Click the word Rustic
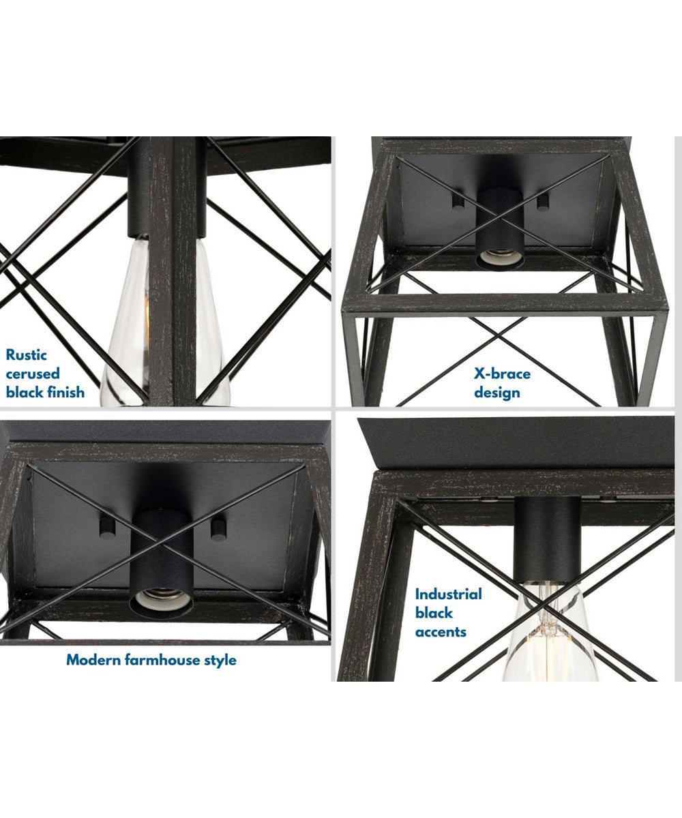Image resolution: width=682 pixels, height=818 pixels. (27, 355)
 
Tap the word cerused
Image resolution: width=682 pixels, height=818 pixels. (33, 374)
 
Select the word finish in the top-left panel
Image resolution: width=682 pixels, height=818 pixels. (64, 392)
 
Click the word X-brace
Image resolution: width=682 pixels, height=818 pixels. (502, 374)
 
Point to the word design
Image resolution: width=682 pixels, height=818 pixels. (497, 393)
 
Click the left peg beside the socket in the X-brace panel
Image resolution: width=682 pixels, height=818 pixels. (458, 202)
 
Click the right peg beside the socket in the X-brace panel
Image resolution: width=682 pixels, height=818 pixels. (543, 202)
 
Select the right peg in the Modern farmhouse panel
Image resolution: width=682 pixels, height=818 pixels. (218, 529)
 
